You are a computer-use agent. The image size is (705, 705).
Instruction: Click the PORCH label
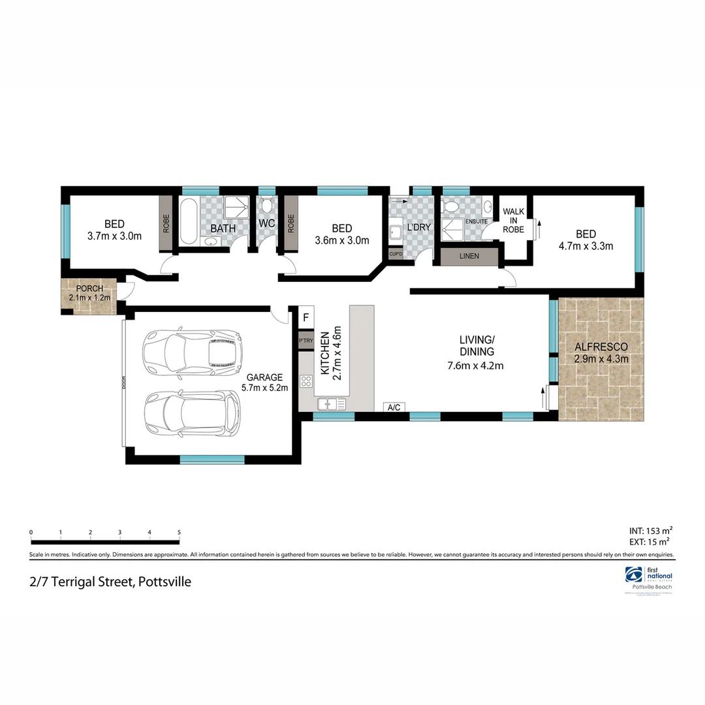click(x=89, y=289)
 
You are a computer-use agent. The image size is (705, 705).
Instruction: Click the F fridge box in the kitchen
click(x=305, y=319)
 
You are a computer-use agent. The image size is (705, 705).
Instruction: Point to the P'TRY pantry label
click(x=305, y=341)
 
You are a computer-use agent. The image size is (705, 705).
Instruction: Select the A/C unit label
click(x=394, y=407)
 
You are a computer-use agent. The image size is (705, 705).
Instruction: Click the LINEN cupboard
click(x=469, y=257)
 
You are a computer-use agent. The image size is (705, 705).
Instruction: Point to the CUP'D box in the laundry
click(x=396, y=255)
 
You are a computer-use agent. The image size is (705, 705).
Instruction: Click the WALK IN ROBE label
click(x=514, y=221)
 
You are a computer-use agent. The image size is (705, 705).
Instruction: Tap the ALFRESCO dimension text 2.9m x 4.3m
click(x=601, y=359)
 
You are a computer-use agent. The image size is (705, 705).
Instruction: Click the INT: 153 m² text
click(x=649, y=529)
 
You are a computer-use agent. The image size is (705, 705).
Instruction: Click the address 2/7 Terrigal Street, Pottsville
click(x=110, y=581)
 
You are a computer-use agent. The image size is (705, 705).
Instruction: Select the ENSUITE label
click(x=475, y=222)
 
